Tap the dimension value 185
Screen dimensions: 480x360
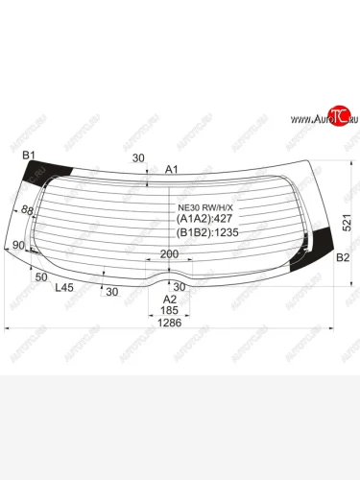point(169,311)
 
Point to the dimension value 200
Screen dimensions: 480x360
point(169,253)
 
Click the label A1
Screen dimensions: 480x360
point(172,170)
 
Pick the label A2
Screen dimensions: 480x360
point(169,300)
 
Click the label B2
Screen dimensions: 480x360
point(342,257)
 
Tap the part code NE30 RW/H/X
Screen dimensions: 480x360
point(205,204)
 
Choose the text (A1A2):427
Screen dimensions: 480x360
point(206,218)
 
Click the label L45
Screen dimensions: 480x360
point(64,287)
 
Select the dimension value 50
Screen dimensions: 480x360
point(41,276)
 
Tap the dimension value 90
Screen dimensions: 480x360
point(18,246)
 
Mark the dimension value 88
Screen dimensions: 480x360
point(28,211)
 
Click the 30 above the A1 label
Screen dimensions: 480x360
point(138,158)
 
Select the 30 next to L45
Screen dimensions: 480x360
point(112,292)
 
